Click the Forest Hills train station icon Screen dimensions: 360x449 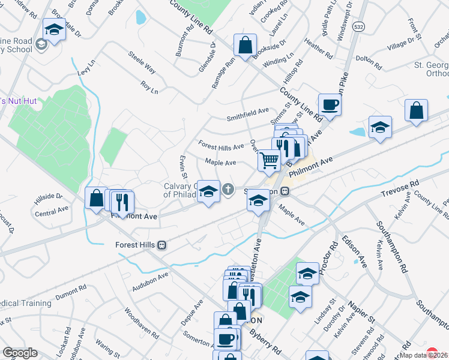161,245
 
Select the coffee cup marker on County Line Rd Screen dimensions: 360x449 330,105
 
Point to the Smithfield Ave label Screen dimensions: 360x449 247,112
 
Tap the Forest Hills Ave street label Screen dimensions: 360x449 221,146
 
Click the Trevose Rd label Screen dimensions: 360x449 400,191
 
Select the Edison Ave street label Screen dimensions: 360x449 354,251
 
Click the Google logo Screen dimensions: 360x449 20,352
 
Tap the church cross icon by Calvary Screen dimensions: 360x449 228,190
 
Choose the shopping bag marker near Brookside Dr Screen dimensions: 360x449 245,46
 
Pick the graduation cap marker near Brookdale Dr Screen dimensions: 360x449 55,29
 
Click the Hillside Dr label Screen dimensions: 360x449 50,196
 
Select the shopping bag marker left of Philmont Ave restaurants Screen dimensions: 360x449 96,199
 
